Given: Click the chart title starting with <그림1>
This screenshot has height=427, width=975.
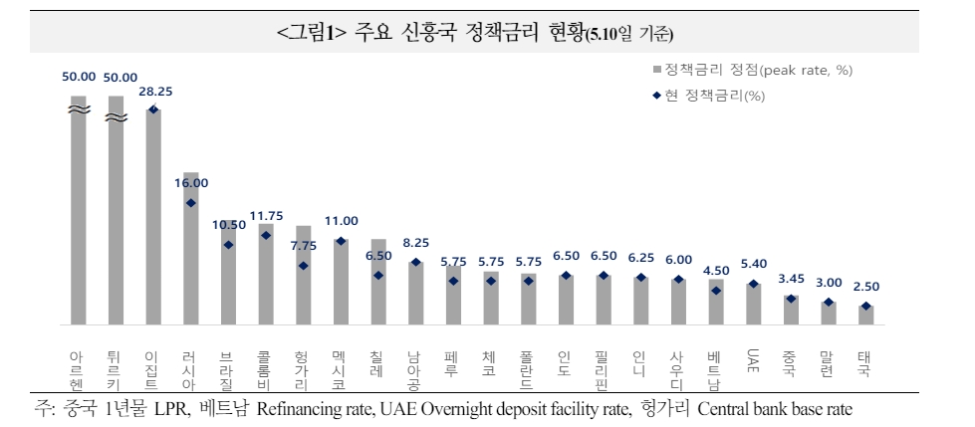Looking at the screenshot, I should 475,34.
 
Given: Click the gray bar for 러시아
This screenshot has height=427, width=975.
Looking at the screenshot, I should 191,249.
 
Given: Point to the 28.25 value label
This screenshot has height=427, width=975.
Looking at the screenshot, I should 154,91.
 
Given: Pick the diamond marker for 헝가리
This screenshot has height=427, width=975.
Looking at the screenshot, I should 303,266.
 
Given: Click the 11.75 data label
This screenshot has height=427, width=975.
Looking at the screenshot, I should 267,215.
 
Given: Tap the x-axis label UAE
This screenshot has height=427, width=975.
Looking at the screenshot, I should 753,359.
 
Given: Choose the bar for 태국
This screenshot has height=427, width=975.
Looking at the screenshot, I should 865,315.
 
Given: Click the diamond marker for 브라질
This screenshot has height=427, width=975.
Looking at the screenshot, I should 229,245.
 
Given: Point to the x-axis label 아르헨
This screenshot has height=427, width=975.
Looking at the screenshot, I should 78,369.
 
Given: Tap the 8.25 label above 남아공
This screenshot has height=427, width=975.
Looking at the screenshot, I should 416,242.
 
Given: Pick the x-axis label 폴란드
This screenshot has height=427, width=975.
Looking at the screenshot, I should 528,369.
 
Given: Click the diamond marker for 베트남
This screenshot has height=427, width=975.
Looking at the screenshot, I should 716,291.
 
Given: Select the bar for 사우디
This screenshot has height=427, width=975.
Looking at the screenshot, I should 678,302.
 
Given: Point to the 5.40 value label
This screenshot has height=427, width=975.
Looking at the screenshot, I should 753,264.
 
